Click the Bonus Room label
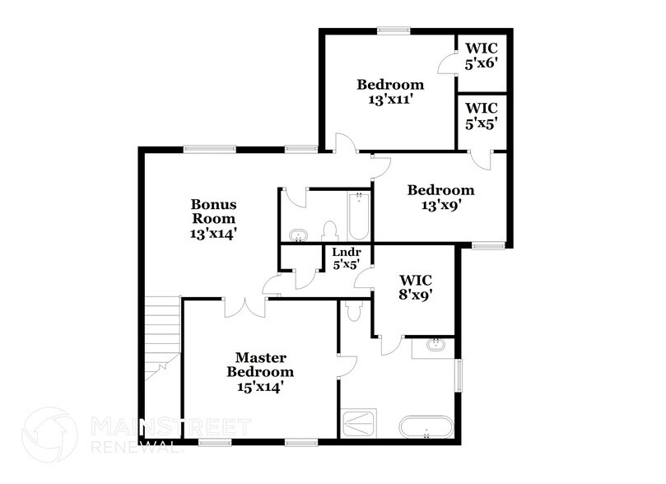click(213, 218)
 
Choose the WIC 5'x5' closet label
click(482, 116)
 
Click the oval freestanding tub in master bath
click(426, 428)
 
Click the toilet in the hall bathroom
click(331, 231)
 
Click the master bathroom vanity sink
click(435, 346)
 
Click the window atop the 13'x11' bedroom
click(394, 31)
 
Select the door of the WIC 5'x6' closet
click(447, 64)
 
